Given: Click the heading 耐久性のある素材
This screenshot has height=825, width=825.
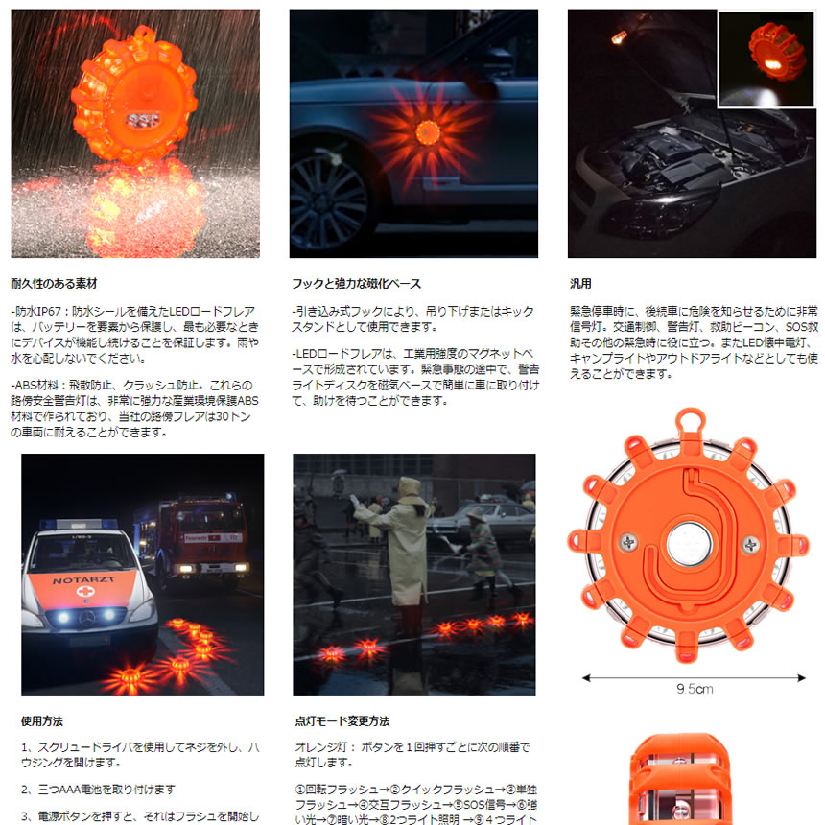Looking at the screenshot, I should pos(54,284).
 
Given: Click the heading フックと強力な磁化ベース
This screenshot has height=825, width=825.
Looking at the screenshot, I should pos(356,284).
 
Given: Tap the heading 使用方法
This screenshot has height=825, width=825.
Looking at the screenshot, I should pos(41,720).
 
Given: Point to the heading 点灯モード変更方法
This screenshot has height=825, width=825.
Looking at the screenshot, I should pos(342,720).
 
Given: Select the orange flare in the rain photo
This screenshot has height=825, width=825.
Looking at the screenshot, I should pos(134,96).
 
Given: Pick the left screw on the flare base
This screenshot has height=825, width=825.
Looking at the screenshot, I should pos(629,543).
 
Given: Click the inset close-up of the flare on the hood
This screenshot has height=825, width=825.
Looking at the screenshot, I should pos(765,60).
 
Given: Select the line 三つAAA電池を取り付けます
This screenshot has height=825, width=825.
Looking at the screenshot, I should pos(98,790).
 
